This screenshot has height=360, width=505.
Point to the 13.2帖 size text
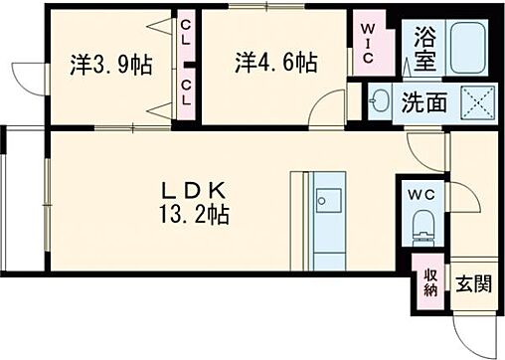(x=197, y=214)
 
